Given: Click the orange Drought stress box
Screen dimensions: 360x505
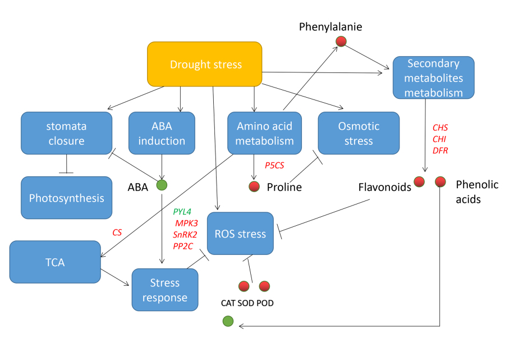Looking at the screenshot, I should (x=205, y=65).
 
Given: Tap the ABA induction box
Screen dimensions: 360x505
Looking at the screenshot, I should (x=162, y=133).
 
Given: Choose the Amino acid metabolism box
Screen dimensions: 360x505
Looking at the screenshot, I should (x=264, y=133).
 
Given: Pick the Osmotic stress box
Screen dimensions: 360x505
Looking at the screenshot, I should (x=359, y=133).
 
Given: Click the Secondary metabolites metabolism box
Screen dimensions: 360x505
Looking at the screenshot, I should (x=434, y=78).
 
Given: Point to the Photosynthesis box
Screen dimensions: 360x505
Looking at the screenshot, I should (x=67, y=198).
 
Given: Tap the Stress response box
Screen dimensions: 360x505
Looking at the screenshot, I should (x=165, y=290).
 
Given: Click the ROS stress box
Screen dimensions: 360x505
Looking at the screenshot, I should (x=240, y=234).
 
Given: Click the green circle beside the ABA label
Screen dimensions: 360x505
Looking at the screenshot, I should (x=162, y=185).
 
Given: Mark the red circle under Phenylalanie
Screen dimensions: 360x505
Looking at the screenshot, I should (x=341, y=41).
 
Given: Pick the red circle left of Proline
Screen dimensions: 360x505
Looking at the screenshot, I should (x=254, y=186).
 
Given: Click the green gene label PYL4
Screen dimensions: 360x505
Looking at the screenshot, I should (x=182, y=212).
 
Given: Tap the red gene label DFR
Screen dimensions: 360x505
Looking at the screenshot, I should (x=440, y=150).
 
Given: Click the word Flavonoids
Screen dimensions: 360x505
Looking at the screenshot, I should (x=384, y=187).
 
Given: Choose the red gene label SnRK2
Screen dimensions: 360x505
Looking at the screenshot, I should (x=185, y=234).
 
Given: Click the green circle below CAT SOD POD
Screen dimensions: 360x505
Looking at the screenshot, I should (x=228, y=321).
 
